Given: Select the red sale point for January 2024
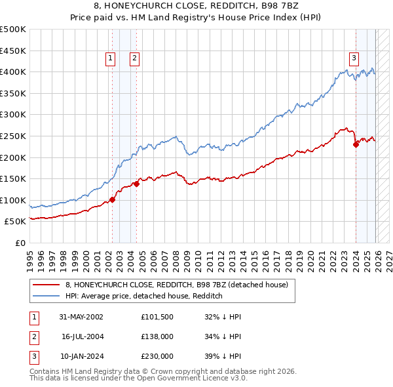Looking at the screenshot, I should pos(356,144).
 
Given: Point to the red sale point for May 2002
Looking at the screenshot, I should pos(112,199).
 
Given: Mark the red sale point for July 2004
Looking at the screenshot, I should pos(136,184).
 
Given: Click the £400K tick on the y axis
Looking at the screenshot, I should pos(13,71).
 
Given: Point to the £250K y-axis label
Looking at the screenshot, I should pos(13,136).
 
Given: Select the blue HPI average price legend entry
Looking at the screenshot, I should pos(144,296).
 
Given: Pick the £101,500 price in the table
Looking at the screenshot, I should pos(157,316).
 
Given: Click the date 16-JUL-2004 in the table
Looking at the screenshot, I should pos(83,336).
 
